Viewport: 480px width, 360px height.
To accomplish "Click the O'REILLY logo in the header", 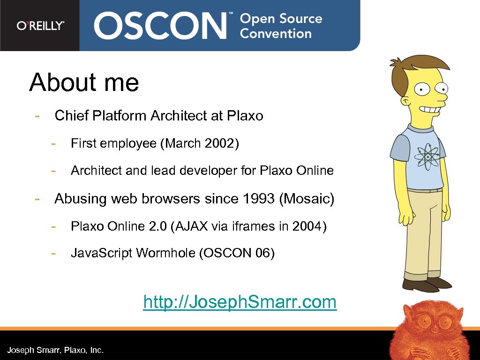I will coord(40,26).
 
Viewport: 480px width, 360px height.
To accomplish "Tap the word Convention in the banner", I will coord(276,34).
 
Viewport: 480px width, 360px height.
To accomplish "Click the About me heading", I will coord(84,82).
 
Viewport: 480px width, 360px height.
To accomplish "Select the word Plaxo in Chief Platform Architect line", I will coord(245,116).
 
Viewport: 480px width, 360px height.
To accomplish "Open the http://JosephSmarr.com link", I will coord(240,302).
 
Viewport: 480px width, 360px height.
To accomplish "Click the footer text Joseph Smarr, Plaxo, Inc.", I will coord(55,350).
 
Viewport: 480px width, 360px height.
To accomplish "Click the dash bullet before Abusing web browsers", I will coord(36,199).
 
